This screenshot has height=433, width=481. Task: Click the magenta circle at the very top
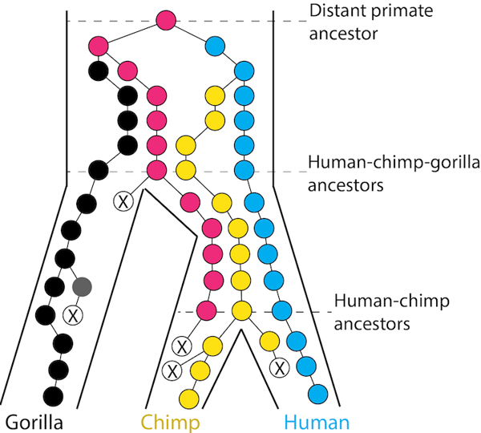[x=166, y=20]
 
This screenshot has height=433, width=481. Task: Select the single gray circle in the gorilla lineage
[x=81, y=285]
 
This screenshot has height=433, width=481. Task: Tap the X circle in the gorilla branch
[x=73, y=314]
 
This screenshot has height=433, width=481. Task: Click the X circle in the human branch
[x=280, y=368]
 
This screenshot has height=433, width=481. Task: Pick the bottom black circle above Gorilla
[x=53, y=395]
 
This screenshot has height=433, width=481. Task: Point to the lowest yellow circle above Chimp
[x=189, y=398]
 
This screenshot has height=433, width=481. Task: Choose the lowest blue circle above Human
[x=317, y=395]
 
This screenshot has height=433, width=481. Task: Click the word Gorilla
[x=34, y=422]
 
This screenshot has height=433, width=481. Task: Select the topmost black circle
[x=99, y=70]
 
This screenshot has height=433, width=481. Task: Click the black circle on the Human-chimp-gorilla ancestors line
[x=98, y=170]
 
